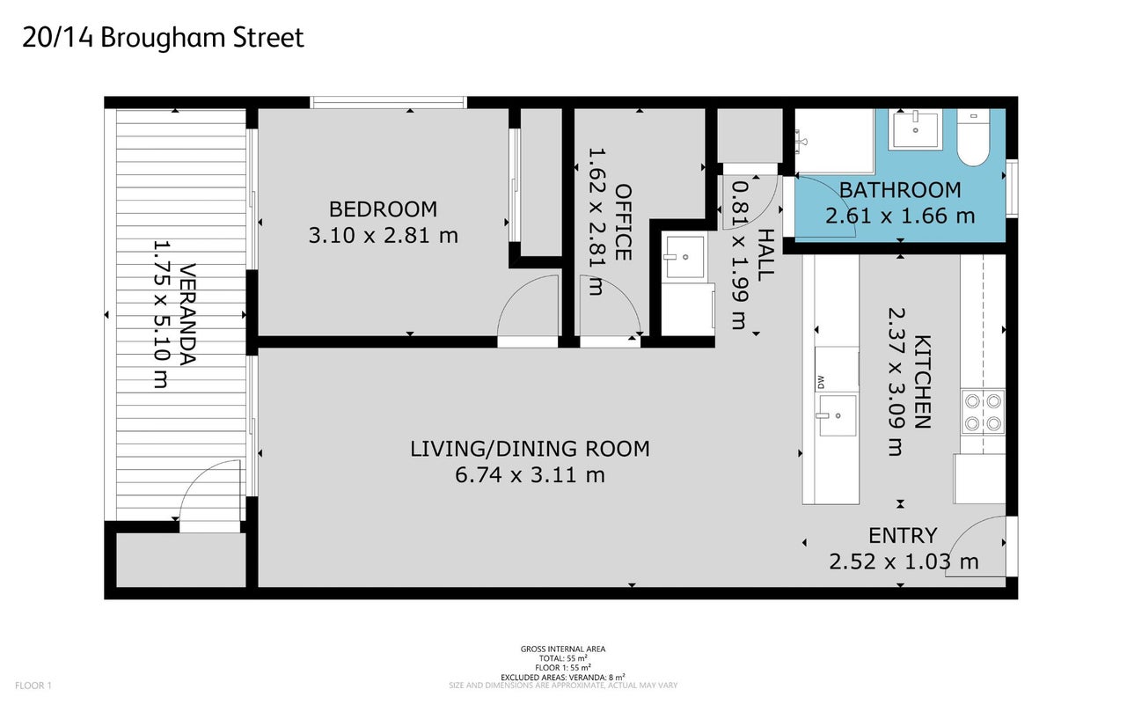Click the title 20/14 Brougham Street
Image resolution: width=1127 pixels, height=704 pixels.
coord(163,38)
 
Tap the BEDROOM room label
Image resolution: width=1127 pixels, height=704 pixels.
coord(383,209)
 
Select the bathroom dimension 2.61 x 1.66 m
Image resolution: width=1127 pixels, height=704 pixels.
coord(900,216)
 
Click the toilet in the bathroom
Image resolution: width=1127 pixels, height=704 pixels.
coord(973,137)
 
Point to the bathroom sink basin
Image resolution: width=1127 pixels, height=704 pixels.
coord(915,129)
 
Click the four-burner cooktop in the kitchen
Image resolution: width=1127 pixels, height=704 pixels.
coord(983,412)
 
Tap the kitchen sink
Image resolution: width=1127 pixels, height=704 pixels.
coord(837,415)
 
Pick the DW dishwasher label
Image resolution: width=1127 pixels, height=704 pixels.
coord(821,382)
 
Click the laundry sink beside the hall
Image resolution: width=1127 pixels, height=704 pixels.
coord(684,257)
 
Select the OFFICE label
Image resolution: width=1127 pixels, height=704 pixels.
coord(624,223)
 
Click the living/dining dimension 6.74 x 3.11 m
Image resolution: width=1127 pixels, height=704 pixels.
coord(530,475)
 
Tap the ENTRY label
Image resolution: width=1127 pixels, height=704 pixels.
coord(903,535)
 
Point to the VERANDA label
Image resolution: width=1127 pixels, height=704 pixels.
coord(187,314)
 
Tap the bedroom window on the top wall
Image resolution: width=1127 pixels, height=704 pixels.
coord(388,103)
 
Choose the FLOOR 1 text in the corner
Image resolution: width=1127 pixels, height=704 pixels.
coord(33,686)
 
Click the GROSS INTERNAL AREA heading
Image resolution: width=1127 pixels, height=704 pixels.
coord(563,649)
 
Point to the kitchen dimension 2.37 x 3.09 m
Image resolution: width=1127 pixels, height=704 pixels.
coord(896,382)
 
